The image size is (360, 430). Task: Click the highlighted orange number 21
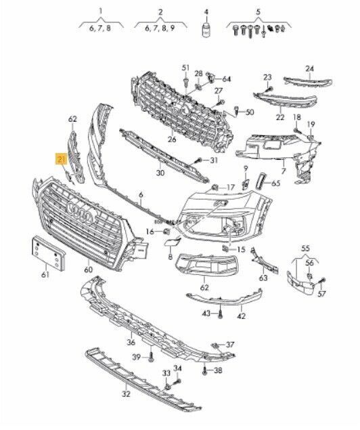click(x=61, y=160)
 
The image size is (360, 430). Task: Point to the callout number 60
click(x=88, y=270)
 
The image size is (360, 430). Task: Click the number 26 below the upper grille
click(x=172, y=140)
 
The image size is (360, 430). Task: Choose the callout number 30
click(x=160, y=173)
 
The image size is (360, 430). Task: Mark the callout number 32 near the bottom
click(x=125, y=393)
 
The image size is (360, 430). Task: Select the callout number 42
click(x=241, y=316)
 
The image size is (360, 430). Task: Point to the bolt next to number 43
click(x=221, y=314)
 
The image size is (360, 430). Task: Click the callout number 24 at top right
click(x=309, y=68)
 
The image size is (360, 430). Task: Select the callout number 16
click(x=150, y=232)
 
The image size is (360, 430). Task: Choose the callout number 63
click(x=263, y=277)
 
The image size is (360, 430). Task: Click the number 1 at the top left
click(x=101, y=12)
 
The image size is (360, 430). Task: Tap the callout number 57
click(x=323, y=294)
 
